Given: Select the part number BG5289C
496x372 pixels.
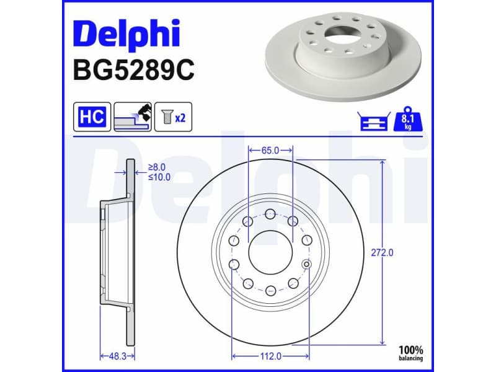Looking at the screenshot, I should pyautogui.click(x=133, y=70).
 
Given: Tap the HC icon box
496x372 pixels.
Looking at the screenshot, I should pyautogui.click(x=92, y=117).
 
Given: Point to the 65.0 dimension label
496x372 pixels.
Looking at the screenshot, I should pyautogui.click(x=270, y=151).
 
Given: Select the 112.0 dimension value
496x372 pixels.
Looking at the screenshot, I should pyautogui.click(x=270, y=356).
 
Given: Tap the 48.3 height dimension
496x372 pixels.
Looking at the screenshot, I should pyautogui.click(x=117, y=356).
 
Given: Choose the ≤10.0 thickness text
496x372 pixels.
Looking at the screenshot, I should pyautogui.click(x=159, y=177).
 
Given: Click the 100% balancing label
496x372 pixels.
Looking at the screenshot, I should pyautogui.click(x=410, y=353).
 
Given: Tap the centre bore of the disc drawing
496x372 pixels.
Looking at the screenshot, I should pyautogui.click(x=270, y=253).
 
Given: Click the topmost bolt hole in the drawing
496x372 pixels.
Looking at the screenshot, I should pyautogui.click(x=270, y=215).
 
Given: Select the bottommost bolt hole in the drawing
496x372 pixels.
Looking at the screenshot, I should pyautogui.click(x=270, y=290).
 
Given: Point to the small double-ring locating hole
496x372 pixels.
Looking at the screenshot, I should pyautogui.click(x=306, y=265).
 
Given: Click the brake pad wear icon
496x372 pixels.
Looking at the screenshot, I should pyautogui.click(x=132, y=117).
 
